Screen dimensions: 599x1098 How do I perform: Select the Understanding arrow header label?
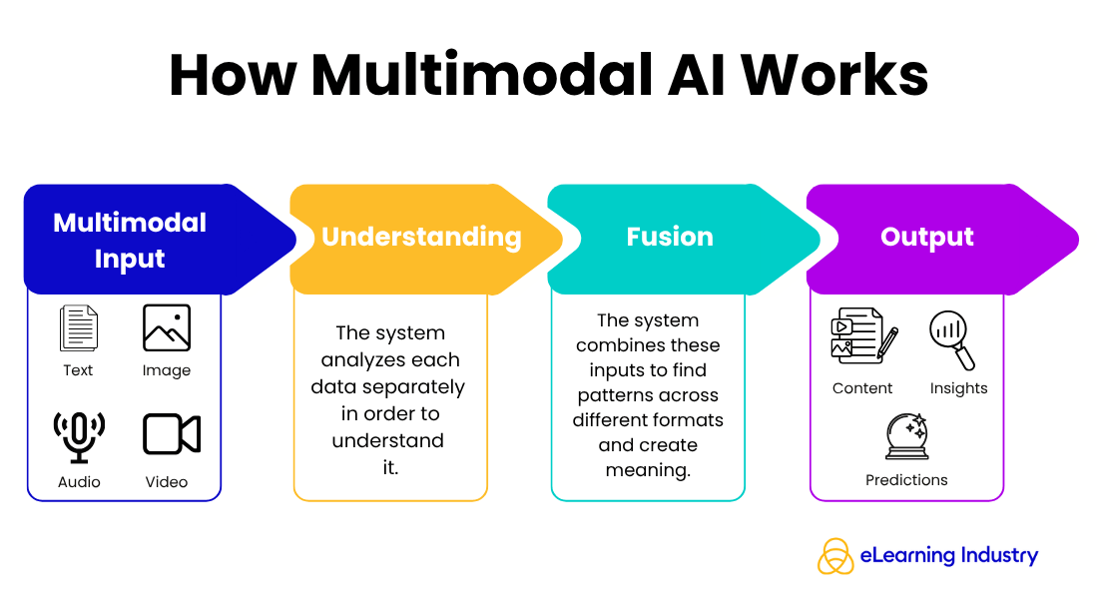[x=421, y=237]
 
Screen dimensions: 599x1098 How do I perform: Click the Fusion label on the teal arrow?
[x=670, y=237]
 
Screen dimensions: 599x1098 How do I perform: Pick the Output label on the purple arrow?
[x=927, y=237]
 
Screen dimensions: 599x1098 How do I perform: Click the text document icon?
[x=79, y=328]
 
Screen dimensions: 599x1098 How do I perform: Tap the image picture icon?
[x=167, y=328]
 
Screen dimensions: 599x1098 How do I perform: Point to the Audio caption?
[x=79, y=482]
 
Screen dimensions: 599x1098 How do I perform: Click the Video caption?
[x=167, y=482]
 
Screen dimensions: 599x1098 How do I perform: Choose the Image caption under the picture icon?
[x=167, y=370]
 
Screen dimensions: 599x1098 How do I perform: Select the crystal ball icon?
[x=906, y=436]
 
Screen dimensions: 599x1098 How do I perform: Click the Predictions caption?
[x=906, y=480]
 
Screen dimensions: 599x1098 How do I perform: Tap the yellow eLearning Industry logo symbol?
[x=835, y=556]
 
